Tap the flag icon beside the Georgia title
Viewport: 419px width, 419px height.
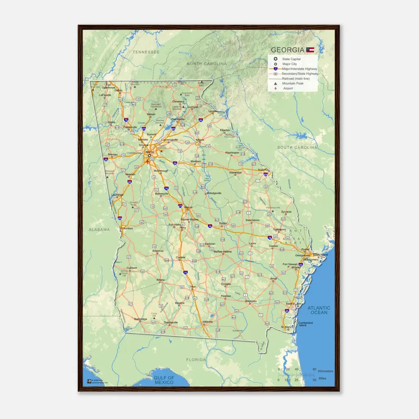click(x=310, y=50)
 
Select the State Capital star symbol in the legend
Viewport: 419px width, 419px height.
click(x=276, y=59)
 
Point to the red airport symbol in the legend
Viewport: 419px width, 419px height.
click(x=276, y=88)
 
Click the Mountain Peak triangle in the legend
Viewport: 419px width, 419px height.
click(x=276, y=83)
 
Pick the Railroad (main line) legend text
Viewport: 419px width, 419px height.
click(x=296, y=79)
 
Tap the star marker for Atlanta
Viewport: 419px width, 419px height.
click(x=150, y=155)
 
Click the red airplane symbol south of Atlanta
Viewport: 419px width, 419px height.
click(x=148, y=161)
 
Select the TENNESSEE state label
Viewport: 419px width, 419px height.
click(x=146, y=52)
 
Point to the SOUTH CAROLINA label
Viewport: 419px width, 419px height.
click(x=297, y=147)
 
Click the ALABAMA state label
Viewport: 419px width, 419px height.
click(x=99, y=230)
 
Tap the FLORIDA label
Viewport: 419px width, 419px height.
click(x=196, y=360)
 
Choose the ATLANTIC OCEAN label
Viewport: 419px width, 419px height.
click(x=319, y=310)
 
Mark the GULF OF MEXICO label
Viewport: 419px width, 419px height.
click(x=164, y=380)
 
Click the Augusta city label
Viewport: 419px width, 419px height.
click(x=262, y=169)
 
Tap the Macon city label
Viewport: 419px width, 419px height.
click(x=188, y=207)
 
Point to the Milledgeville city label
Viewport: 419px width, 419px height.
click(x=214, y=193)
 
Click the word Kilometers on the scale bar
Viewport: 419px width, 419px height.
click(x=326, y=371)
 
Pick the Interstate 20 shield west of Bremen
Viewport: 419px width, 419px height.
click(x=106, y=160)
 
